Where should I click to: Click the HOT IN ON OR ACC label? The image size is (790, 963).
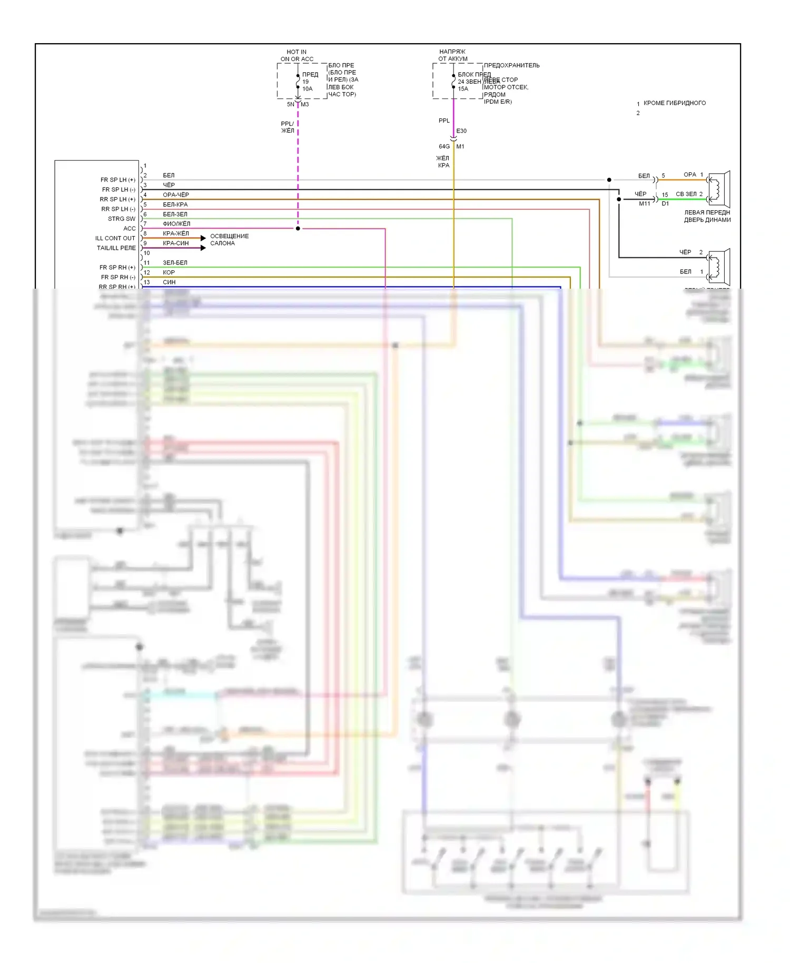[x=297, y=55]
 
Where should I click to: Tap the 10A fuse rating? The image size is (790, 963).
[x=307, y=89]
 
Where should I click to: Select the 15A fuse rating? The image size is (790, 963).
[x=463, y=89]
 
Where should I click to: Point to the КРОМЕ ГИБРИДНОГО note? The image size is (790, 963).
[x=674, y=103]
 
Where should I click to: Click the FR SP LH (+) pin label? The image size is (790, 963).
[x=117, y=180]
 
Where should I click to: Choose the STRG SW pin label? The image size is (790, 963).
[x=121, y=219]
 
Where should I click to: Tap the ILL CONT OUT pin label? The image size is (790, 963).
[x=115, y=239]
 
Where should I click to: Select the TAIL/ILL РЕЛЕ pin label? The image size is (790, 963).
[x=116, y=248]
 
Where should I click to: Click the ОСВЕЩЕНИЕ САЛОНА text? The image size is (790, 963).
[x=229, y=240]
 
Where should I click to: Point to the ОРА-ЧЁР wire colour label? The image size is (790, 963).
[x=175, y=195]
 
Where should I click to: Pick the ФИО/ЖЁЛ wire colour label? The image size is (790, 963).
[x=176, y=224]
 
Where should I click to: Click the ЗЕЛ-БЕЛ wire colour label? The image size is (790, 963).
[x=175, y=263]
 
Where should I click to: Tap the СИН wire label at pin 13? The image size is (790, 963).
[x=169, y=282]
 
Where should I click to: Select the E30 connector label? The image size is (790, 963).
[x=461, y=131]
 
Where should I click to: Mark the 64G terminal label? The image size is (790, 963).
[x=444, y=146]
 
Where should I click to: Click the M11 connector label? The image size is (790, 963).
[x=644, y=204]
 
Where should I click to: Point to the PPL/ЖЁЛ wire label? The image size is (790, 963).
[x=288, y=127]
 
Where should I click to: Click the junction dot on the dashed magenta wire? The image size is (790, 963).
[x=298, y=229]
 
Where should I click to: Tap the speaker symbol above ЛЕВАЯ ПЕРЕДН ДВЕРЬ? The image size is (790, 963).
[x=719, y=189]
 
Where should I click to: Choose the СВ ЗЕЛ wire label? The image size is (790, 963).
[x=686, y=194]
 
